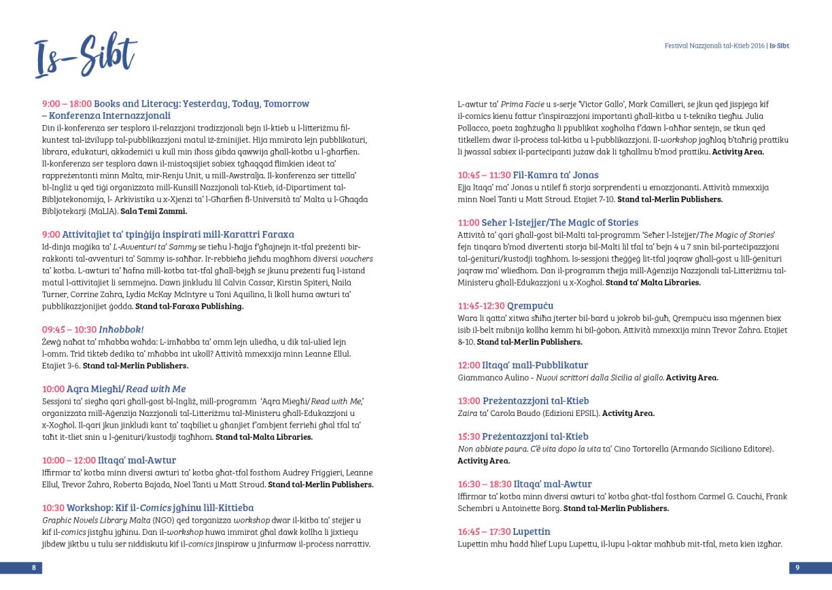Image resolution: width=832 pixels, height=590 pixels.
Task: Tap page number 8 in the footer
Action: click(x=33, y=567)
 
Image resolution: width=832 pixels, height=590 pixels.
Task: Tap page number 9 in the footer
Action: click(x=798, y=567)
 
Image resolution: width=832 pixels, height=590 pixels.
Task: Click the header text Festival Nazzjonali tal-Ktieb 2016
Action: click(x=714, y=46)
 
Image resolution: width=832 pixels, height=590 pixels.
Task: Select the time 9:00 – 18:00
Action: click(x=67, y=103)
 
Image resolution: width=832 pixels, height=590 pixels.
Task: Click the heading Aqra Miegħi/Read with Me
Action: click(x=126, y=389)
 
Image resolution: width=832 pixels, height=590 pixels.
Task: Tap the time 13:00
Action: click(x=469, y=401)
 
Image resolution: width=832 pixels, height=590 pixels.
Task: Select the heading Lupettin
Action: click(x=532, y=532)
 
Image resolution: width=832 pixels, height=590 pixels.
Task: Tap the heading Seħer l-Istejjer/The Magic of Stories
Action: click(x=561, y=223)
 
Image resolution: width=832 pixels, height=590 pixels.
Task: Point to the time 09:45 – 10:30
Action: click(x=69, y=330)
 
